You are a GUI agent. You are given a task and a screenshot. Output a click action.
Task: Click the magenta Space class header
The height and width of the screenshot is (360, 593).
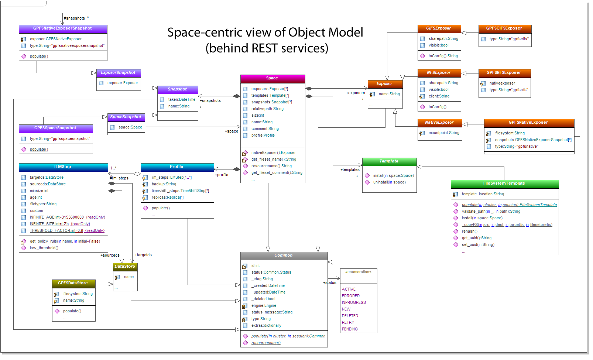[x=272, y=78]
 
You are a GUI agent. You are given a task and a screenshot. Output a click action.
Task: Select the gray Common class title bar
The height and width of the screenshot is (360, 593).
[x=284, y=256]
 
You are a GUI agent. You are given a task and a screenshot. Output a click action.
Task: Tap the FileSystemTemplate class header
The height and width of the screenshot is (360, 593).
[x=504, y=184]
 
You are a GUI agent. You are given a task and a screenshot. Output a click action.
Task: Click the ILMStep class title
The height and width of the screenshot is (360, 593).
[x=63, y=167]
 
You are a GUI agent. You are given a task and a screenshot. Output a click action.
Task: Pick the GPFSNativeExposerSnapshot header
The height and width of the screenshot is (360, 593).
[x=62, y=28]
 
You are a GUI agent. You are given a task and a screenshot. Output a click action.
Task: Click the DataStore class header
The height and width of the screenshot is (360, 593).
[x=125, y=267]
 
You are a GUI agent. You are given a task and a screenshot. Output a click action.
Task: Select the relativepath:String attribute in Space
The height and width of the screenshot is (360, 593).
[x=267, y=109]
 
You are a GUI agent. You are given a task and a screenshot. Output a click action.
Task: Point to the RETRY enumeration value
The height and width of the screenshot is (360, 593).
[x=348, y=323]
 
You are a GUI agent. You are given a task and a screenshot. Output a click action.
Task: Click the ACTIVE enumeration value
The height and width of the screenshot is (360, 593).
[x=349, y=289]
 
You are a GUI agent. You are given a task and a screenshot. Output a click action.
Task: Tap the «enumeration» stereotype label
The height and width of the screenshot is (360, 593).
[x=358, y=272]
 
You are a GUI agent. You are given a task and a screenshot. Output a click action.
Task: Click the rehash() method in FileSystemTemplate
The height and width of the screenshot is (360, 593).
[x=469, y=232]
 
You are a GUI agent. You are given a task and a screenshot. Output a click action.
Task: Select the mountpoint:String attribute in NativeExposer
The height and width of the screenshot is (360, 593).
[x=444, y=133]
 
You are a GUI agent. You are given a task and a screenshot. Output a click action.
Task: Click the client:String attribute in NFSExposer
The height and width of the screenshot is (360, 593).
[x=439, y=96]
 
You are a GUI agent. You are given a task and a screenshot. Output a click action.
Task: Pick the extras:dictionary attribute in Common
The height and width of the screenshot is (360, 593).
[x=266, y=326]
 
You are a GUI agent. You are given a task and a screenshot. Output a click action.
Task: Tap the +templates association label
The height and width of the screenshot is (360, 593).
[x=350, y=170]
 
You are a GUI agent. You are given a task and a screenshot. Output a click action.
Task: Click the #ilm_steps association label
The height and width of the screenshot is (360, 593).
[x=119, y=178]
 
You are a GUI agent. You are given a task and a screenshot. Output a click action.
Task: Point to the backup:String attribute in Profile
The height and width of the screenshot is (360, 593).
[x=164, y=184]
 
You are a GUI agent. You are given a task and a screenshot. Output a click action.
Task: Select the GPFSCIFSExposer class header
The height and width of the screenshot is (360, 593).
[x=504, y=28]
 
